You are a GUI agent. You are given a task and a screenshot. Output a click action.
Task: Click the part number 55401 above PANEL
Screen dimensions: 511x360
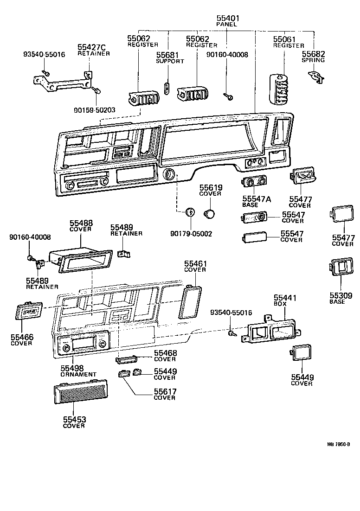226,18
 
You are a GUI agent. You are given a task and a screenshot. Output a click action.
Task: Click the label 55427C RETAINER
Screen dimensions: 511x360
93,50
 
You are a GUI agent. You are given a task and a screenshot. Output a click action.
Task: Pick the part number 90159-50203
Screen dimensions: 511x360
94,110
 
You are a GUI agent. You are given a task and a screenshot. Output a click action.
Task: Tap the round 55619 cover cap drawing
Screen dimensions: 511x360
210,214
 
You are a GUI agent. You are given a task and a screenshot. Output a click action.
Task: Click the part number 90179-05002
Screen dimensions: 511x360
191,234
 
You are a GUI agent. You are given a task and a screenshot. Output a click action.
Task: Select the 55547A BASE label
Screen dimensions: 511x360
257,201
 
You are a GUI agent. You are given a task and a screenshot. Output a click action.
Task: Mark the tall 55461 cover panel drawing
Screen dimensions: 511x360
189,301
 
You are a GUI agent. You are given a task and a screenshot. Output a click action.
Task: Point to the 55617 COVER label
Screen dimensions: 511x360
165,394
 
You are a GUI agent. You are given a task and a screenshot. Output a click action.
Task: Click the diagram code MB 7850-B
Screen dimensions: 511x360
338,444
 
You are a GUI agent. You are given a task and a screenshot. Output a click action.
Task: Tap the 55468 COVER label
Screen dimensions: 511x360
165,356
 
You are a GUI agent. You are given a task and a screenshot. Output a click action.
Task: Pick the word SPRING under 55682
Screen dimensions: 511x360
313,60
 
